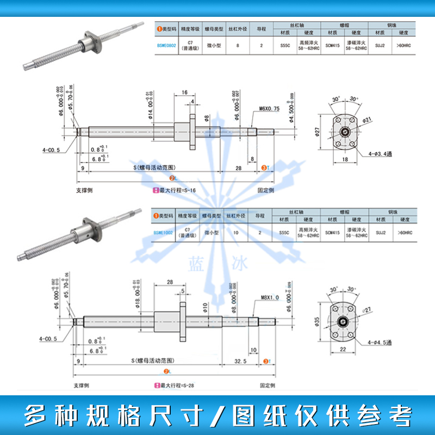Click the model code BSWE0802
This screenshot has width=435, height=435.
click(x=165, y=46)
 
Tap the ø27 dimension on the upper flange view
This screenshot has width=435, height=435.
click(x=319, y=130)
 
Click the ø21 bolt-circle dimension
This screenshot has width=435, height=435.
click(x=367, y=119)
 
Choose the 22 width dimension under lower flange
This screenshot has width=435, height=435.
click(x=343, y=349)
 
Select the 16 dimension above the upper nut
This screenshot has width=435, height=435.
click(x=185, y=93)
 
